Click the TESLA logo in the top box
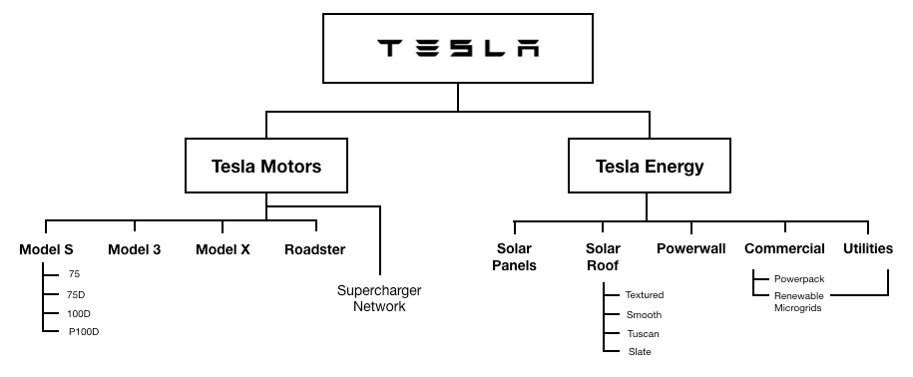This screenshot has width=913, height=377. (x=458, y=48)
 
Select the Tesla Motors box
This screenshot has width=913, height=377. (x=266, y=166)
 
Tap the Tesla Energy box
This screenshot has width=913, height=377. (x=650, y=166)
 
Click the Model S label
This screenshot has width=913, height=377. (x=46, y=249)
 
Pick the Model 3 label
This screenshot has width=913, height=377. (x=135, y=249)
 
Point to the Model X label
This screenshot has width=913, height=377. (x=223, y=249)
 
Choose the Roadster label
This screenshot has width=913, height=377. (x=315, y=249)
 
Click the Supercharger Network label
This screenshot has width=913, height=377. (x=379, y=298)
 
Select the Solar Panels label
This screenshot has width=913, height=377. (x=514, y=256)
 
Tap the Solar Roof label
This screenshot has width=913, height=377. (x=603, y=256)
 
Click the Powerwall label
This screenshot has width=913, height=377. (x=691, y=248)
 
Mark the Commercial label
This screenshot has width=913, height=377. (x=785, y=248)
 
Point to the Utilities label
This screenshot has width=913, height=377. (x=868, y=248)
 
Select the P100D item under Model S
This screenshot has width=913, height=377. (x=84, y=332)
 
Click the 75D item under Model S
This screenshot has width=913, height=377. (x=76, y=295)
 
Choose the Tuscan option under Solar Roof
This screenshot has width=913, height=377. (x=644, y=334)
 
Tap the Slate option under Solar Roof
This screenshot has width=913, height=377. (x=640, y=352)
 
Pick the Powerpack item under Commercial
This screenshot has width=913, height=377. (x=799, y=279)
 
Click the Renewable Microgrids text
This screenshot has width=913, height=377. (x=799, y=302)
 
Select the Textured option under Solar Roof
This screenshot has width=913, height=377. (x=645, y=295)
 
